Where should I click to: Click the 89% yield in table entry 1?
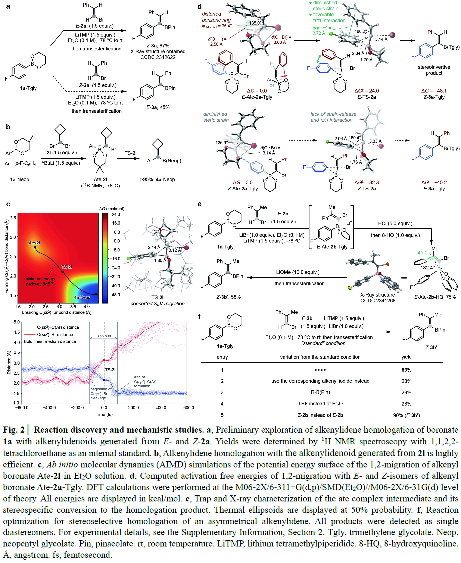406,370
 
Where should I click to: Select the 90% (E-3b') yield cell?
406,415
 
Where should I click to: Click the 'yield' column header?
406,357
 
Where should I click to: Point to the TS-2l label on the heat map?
67,267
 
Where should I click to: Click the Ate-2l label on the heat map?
34,243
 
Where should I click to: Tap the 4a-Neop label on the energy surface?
82,297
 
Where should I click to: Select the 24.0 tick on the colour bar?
116,215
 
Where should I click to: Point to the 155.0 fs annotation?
104,336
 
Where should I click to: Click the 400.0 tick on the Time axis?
161,407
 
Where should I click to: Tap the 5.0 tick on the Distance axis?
17,322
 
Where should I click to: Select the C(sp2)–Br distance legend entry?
55,334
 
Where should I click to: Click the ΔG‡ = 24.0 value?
367,91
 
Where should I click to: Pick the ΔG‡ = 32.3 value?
367,182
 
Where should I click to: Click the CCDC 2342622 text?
158,57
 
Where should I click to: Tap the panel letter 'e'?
200,204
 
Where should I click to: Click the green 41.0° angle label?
423,253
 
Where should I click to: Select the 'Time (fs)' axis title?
104,414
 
